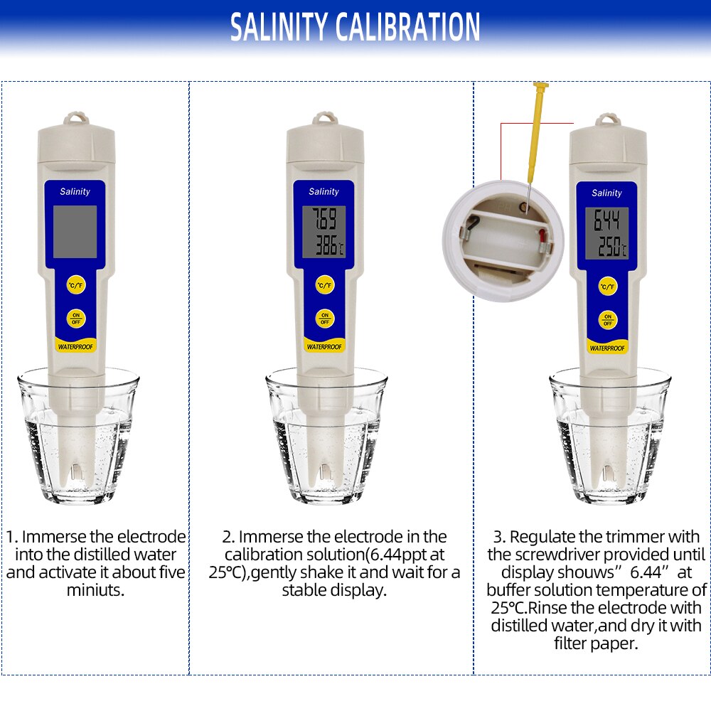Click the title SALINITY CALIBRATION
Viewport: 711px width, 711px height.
tap(355, 27)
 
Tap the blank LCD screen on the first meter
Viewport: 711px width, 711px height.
tap(75, 231)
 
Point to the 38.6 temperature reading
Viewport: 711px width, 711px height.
tap(323, 247)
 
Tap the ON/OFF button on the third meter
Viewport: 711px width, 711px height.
tap(607, 319)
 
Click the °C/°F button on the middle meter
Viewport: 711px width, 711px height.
tap(325, 285)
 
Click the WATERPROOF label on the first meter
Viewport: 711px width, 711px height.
tap(75, 347)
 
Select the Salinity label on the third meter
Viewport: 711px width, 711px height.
tap(606, 193)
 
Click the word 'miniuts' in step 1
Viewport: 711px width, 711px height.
tap(96, 590)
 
